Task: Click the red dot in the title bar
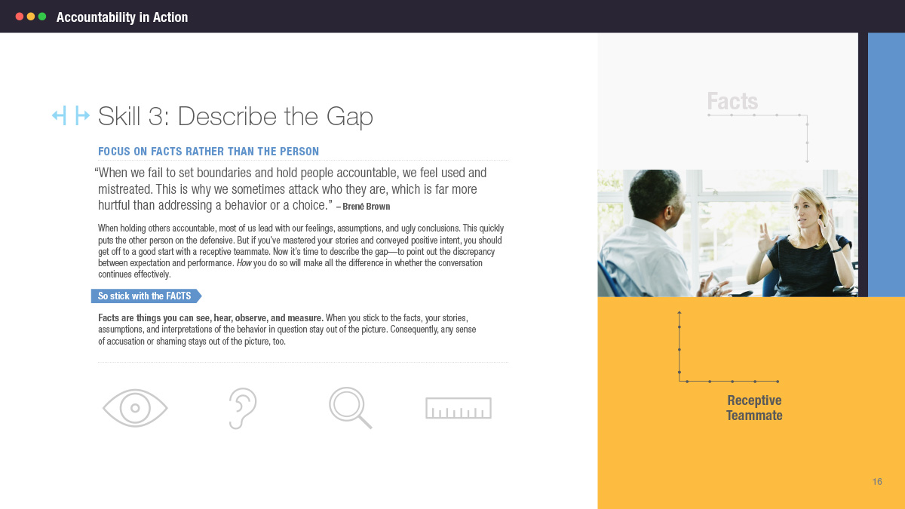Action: coord(20,17)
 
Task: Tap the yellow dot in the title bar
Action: coord(31,17)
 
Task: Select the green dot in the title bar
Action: coord(42,17)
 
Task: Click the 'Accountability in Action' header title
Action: coord(122,17)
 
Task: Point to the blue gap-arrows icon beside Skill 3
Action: coord(71,115)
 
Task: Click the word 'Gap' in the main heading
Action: coord(349,117)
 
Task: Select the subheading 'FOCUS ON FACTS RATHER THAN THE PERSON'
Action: coord(208,152)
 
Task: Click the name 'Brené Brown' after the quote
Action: coord(366,207)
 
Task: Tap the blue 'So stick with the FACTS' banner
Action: coord(146,296)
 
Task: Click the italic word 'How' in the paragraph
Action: coord(244,263)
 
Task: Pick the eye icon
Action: coord(135,408)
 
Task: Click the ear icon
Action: coord(242,408)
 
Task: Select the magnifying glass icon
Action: coord(350,408)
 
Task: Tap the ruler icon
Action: coord(459,408)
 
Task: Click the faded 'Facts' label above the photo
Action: coord(732,101)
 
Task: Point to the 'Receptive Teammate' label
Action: coord(754,408)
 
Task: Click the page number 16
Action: coord(877,482)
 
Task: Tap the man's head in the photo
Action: coord(657,197)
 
